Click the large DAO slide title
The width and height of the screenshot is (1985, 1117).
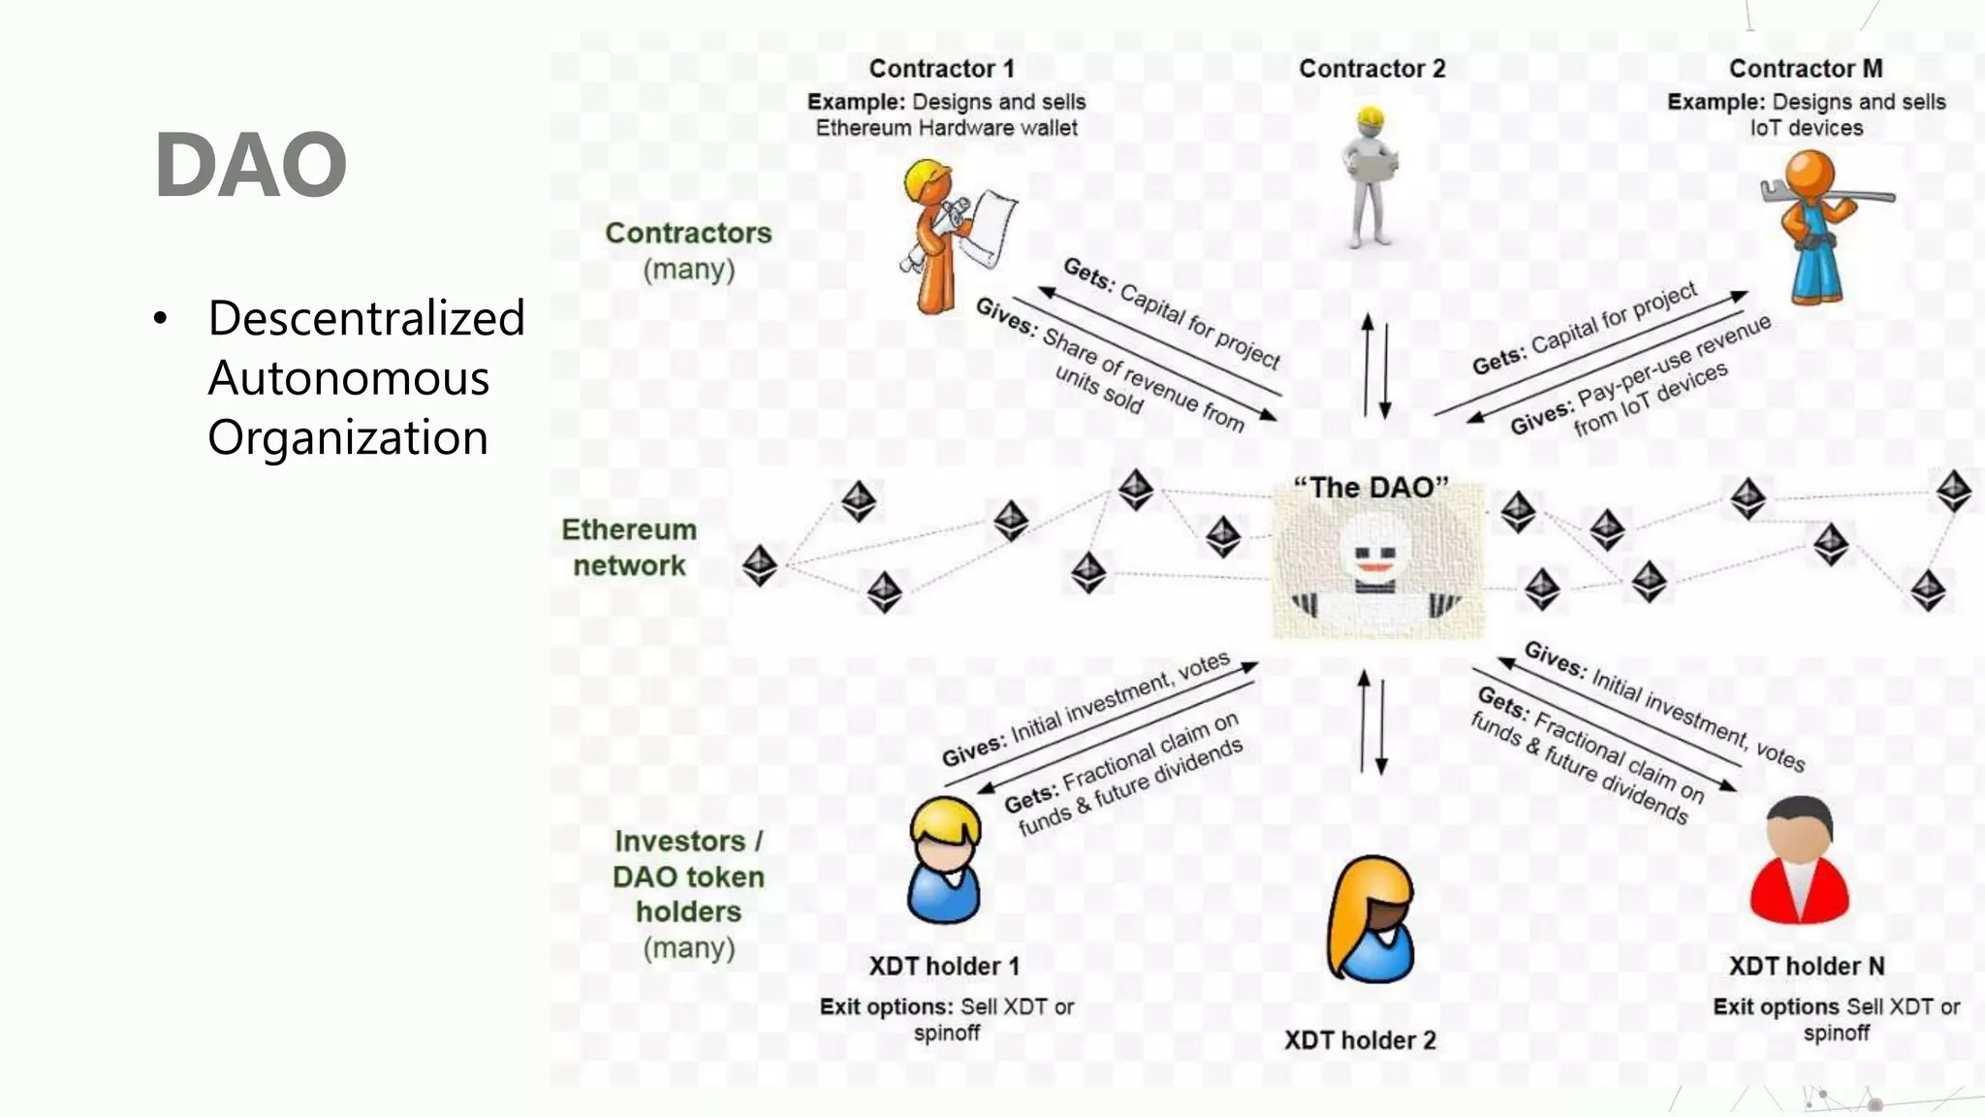250,165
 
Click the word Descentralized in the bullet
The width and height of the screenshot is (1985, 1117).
365,318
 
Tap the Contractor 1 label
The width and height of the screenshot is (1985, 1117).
940,69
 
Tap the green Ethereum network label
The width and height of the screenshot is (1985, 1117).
629,548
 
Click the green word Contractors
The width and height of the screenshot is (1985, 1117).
688,234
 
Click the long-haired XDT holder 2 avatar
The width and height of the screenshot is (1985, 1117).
1371,919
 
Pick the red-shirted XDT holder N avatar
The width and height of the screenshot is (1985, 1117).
1799,861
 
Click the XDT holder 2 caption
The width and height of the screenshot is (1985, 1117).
1359,1040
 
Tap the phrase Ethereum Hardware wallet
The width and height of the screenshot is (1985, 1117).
946,128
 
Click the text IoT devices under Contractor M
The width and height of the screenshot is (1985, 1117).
1806,128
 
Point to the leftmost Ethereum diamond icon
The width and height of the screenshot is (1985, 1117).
759,565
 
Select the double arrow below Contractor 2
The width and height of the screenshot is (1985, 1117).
1376,367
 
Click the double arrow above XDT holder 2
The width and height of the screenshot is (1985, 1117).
1372,723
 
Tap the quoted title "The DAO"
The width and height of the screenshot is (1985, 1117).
1371,488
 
